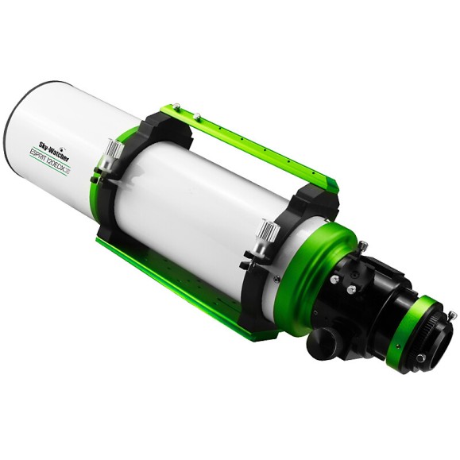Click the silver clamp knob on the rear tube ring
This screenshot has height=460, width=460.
[268, 233]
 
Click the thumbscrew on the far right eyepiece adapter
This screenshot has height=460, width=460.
[451, 316]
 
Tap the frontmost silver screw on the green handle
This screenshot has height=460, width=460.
[175, 105]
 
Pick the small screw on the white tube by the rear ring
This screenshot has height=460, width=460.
[276, 280]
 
